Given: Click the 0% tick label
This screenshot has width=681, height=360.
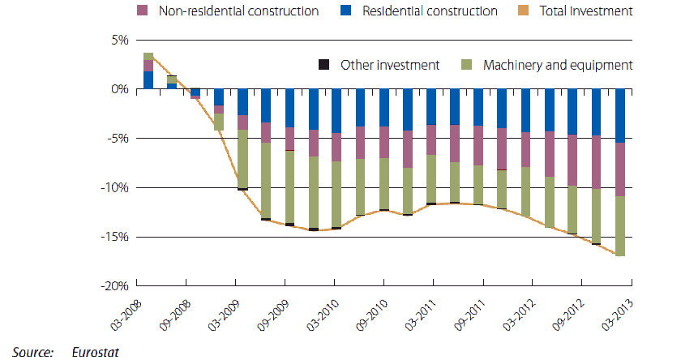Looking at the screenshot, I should pos(119,89).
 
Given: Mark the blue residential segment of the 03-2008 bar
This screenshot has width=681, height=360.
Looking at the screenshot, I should pos(148,80).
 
